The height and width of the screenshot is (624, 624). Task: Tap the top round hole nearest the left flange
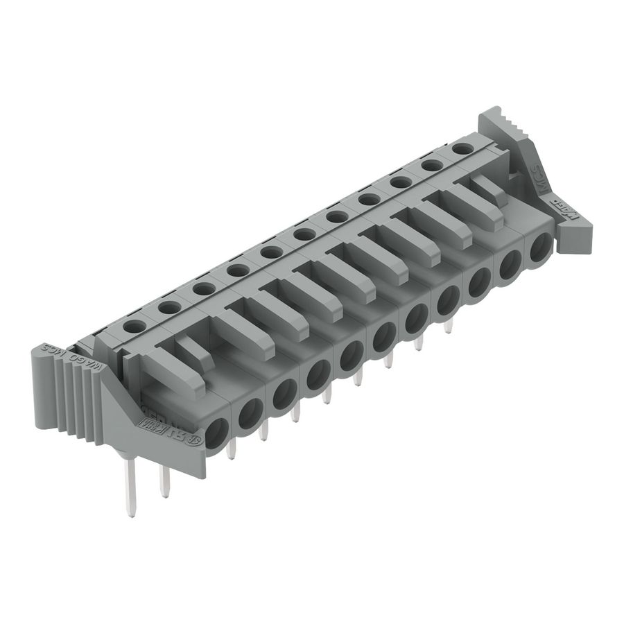click(x=135, y=324)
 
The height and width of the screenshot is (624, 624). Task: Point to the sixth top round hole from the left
click(x=304, y=234)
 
